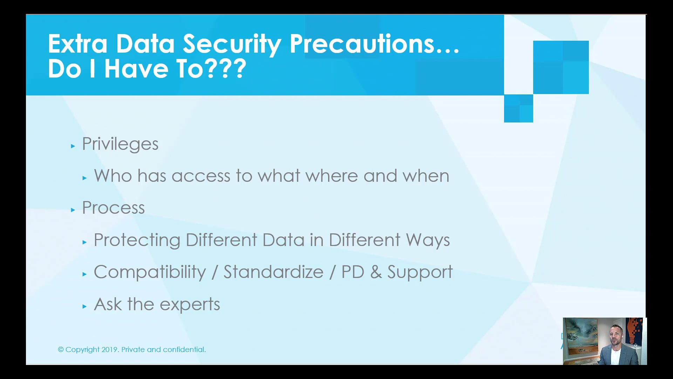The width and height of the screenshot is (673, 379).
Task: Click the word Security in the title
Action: (x=232, y=44)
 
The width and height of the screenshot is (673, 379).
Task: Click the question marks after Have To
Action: (x=226, y=69)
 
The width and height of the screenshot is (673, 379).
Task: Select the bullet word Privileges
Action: (x=120, y=144)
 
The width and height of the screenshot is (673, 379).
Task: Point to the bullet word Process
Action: (x=113, y=208)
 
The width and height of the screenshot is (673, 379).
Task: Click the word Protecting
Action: (x=137, y=240)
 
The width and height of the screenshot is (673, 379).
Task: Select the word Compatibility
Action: (x=150, y=272)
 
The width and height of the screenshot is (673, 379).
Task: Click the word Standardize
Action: (x=273, y=272)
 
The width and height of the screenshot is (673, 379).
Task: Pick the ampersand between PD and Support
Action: (x=376, y=272)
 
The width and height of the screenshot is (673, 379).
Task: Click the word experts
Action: (x=190, y=304)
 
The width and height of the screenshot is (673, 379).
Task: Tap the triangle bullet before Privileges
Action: (x=73, y=146)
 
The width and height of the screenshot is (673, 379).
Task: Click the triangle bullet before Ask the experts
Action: (x=84, y=306)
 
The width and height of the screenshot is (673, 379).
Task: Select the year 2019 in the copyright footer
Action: (x=110, y=350)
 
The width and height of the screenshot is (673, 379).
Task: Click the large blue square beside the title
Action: (x=561, y=67)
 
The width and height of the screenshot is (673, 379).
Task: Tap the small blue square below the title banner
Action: (x=518, y=108)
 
